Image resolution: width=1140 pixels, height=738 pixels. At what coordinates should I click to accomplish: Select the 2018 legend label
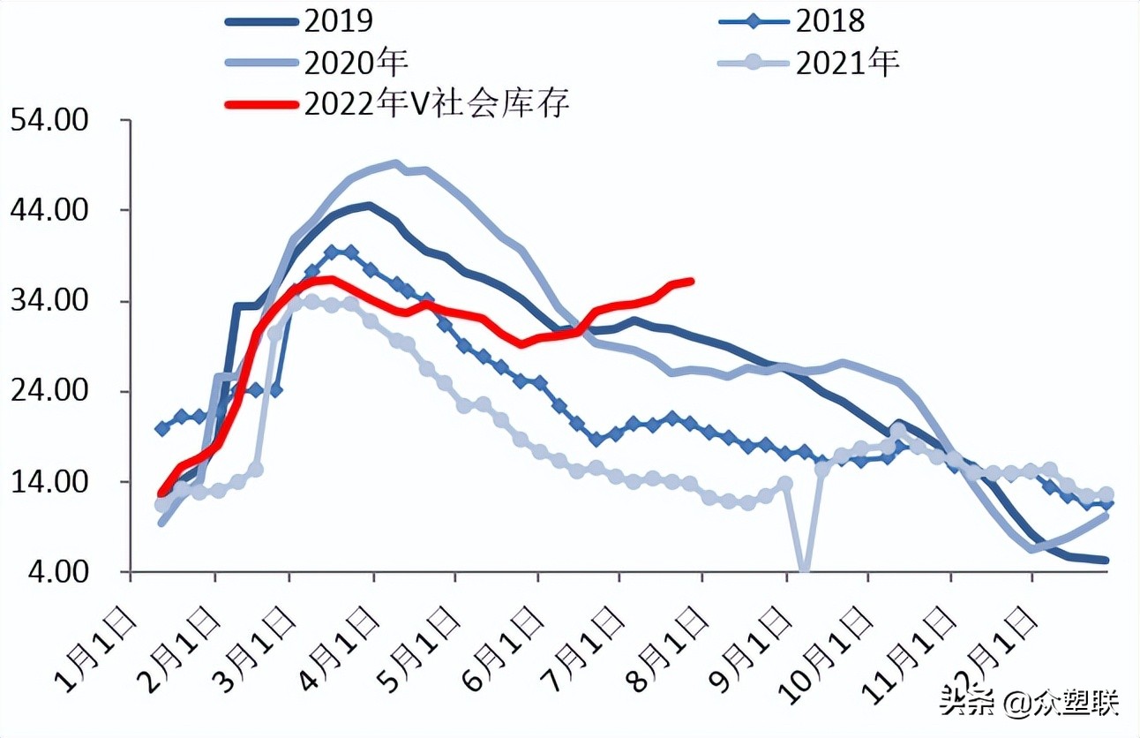pos(830,19)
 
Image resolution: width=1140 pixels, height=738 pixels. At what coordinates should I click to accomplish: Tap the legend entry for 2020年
pos(355,62)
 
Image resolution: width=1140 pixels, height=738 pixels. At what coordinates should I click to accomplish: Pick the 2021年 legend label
pos(847,62)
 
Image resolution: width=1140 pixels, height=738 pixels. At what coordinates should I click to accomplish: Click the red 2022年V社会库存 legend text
pos(437,103)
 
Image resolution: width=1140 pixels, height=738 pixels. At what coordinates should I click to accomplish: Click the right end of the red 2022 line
pos(692,281)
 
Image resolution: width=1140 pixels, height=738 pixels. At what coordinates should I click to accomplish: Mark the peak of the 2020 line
pos(395,163)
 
